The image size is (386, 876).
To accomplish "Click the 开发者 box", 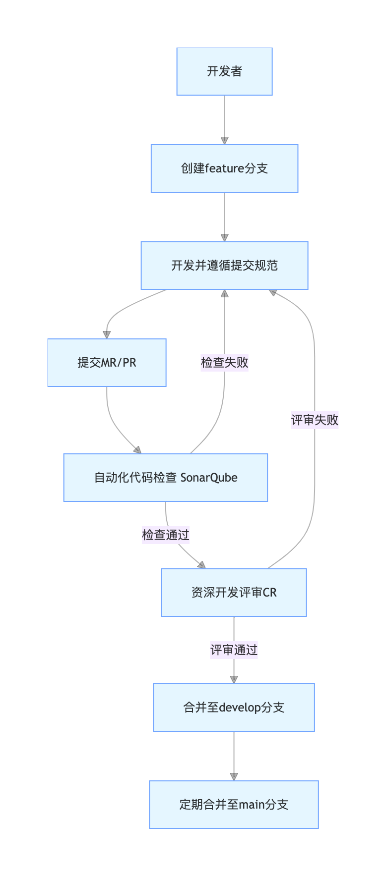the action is coord(224,71).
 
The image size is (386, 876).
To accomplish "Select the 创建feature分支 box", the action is coord(224,168).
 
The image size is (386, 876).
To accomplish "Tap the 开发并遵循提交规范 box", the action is coord(224,266).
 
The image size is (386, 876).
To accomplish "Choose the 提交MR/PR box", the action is coord(107,363).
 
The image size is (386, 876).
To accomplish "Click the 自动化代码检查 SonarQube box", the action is coord(166,478).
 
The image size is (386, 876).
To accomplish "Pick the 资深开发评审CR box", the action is coord(234,593).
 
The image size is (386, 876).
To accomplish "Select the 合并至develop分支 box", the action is coord(234,708).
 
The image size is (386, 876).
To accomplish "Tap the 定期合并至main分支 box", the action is coord(234,805).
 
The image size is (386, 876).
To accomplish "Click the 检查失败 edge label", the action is coord(224,363).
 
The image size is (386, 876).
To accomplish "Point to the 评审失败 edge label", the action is coord(315,420).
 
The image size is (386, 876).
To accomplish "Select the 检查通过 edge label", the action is coord(166,535).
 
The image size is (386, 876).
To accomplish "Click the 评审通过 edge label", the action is coord(234,650).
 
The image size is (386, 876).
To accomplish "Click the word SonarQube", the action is coord(209,478).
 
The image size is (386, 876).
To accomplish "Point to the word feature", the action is coord(225,168).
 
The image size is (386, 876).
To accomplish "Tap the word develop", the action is coord(240,708).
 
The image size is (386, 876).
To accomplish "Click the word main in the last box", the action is coord(251,805).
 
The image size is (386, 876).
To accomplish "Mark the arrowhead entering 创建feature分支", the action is coord(224,140).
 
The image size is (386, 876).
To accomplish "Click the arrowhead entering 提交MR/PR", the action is coord(107,334).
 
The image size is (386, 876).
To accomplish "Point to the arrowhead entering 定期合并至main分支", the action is coord(234,776).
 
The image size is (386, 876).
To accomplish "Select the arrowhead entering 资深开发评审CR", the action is coord(201,565).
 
